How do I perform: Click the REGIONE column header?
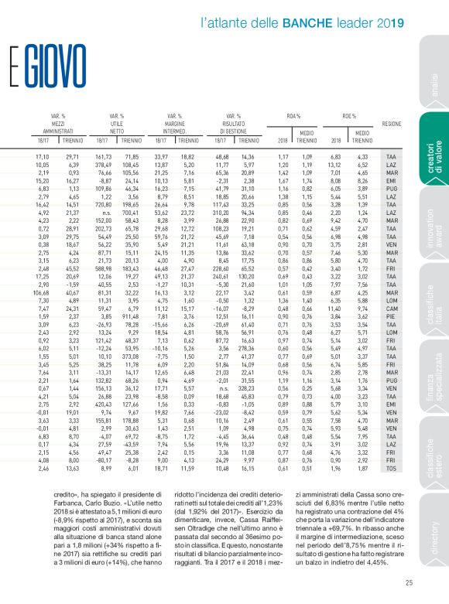tap(391, 124)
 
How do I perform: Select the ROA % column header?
tap(293, 115)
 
